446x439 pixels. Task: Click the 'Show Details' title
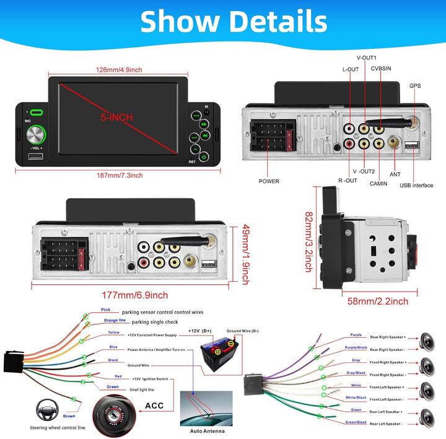pyautogui.click(x=233, y=22)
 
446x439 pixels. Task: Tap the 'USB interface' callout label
pyautogui.click(x=416, y=185)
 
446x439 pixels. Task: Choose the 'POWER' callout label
pyautogui.click(x=269, y=181)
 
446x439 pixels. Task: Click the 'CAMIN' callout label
pyautogui.click(x=378, y=183)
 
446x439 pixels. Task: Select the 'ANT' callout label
pyautogui.click(x=396, y=175)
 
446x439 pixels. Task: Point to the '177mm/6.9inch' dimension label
pyautogui.click(x=134, y=295)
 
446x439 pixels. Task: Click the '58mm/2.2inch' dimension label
pyautogui.click(x=378, y=302)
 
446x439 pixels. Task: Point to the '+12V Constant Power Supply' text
pyautogui.click(x=152, y=334)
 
